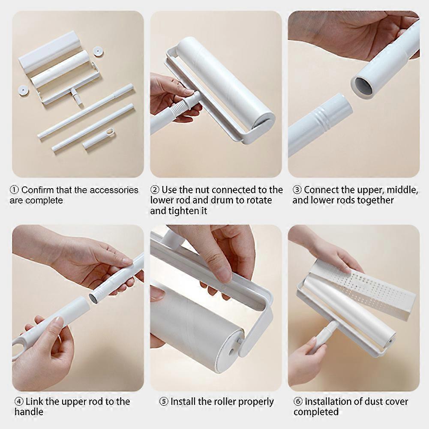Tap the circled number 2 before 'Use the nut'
coord(155,190)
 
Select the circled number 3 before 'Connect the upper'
coord(297,190)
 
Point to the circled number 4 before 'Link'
coord(19,402)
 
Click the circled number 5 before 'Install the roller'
coord(164,402)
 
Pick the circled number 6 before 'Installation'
coord(298,402)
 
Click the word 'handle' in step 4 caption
coord(29,412)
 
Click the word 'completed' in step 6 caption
coord(316,412)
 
